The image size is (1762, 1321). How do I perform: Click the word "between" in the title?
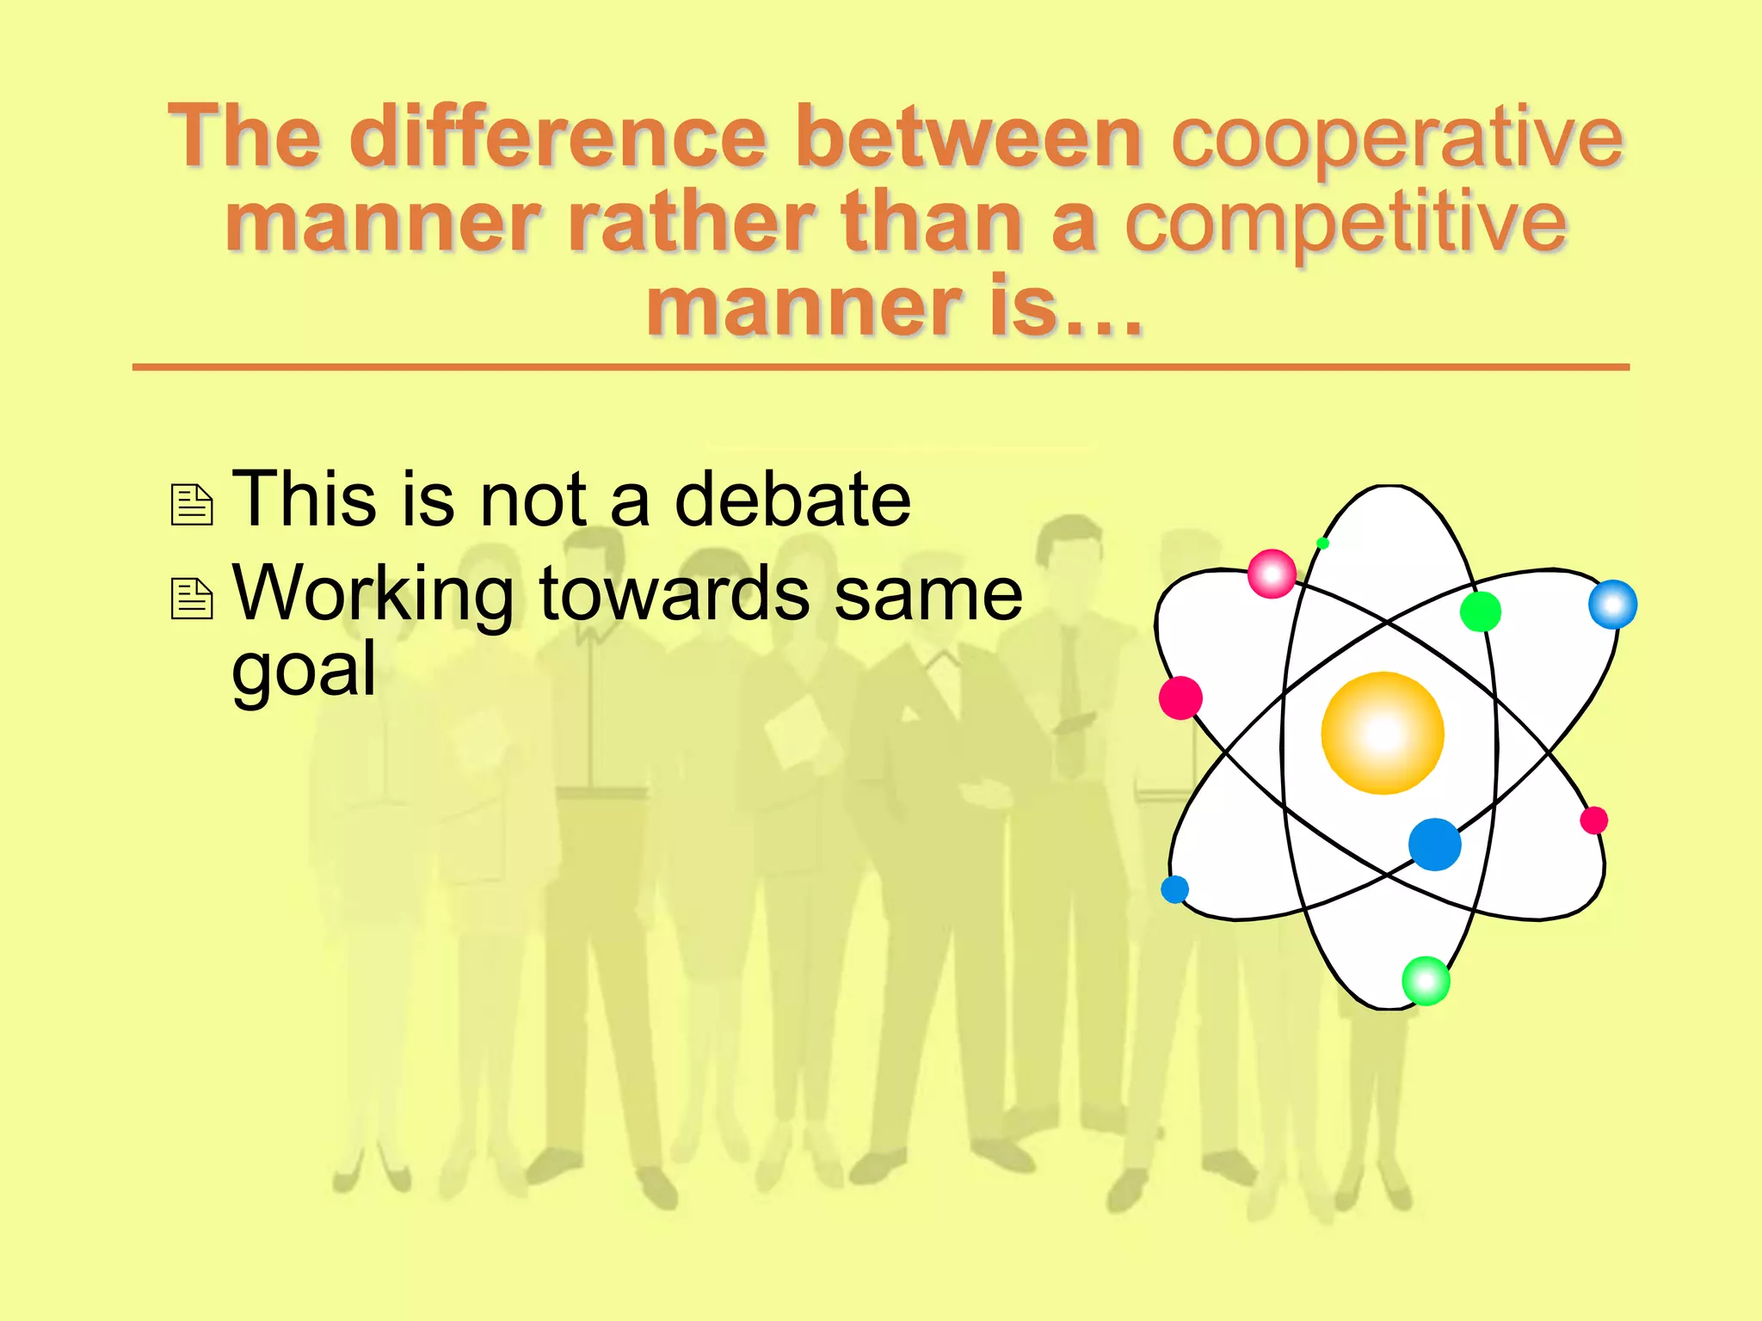pos(969,137)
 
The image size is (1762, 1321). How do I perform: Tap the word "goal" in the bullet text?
pos(304,669)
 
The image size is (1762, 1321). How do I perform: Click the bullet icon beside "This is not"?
pos(192,505)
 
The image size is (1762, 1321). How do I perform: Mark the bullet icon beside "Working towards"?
pos(192,599)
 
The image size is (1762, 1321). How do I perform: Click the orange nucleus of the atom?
pos(1383,733)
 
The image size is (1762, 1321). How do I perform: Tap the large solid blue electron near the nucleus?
pos(1434,844)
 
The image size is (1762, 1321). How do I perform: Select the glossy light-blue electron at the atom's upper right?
pos(1612,604)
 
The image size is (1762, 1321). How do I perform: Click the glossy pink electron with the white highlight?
pos(1272,574)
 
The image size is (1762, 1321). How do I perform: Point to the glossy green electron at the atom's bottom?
pos(1426,980)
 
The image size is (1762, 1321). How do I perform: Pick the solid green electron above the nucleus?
pos(1480,611)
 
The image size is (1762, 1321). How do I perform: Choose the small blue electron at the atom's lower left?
pos(1174,888)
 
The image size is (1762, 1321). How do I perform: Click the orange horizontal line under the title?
pos(880,367)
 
